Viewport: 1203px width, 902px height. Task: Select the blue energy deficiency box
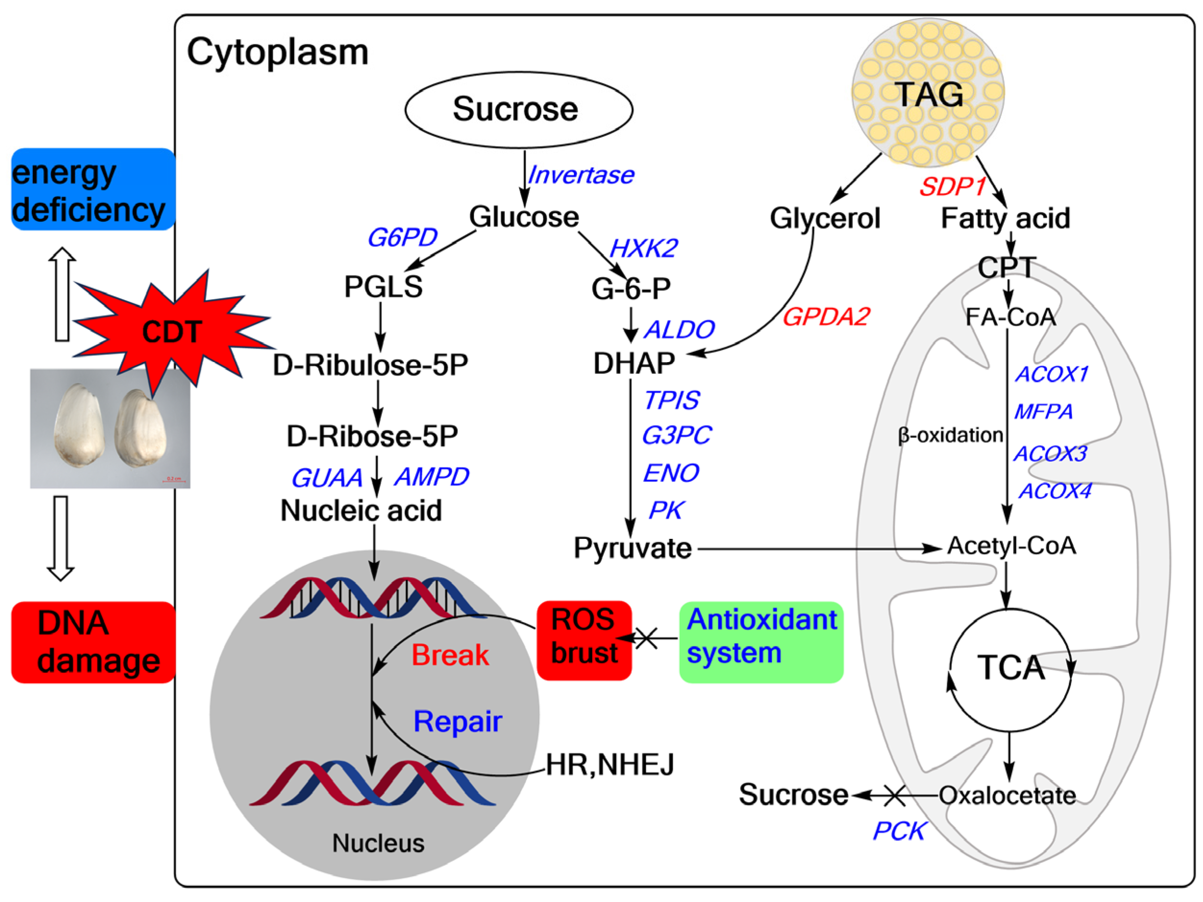[93, 189]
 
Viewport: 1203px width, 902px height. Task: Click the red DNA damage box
[93, 642]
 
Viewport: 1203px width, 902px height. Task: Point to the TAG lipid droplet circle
[928, 93]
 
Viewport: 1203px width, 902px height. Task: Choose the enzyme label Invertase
[581, 175]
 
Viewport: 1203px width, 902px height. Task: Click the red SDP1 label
[952, 187]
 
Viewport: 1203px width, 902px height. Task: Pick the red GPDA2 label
[826, 317]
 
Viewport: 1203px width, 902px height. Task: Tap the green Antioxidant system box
[761, 642]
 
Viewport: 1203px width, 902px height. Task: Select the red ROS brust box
[584, 640]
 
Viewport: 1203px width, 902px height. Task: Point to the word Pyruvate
[632, 548]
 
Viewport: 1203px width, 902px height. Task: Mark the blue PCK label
[899, 831]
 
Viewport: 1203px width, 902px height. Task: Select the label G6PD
[402, 237]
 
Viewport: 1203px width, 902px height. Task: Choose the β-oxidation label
[950, 435]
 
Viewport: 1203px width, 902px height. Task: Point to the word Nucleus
[378, 843]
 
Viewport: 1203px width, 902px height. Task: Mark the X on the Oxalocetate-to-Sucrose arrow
[894, 795]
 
